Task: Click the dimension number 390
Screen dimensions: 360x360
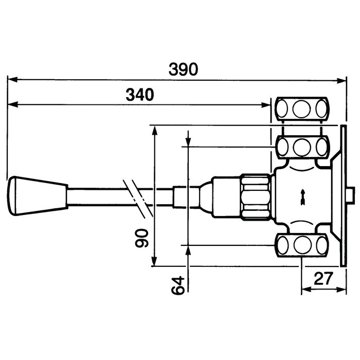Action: pyautogui.click(x=183, y=69)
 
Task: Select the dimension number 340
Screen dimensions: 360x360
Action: pyautogui.click(x=140, y=95)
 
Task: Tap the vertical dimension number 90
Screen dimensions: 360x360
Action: pyautogui.click(x=141, y=238)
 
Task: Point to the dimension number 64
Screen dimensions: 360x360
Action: pyautogui.click(x=178, y=285)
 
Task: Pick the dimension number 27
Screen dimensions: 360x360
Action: pyautogui.click(x=323, y=279)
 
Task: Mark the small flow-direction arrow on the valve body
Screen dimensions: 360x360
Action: pyautogui.click(x=303, y=197)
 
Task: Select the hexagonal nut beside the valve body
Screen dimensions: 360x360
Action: pyautogui.click(x=256, y=197)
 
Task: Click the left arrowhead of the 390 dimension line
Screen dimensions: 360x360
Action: pyautogui.click(x=12, y=80)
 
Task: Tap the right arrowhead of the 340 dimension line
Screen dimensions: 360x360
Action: pyautogui.click(x=266, y=105)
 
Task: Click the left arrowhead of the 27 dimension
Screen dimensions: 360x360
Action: pyautogui.click(x=307, y=290)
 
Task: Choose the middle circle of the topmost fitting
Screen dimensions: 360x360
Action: pyautogui.click(x=302, y=109)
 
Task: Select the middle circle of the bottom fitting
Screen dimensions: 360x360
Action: pyautogui.click(x=302, y=245)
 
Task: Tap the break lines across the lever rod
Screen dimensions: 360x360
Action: pyautogui.click(x=138, y=199)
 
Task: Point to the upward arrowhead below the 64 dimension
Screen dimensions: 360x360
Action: pyautogui.click(x=188, y=251)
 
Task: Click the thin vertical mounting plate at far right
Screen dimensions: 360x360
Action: pyautogui.click(x=344, y=196)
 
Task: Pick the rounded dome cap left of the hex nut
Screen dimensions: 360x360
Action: pyautogui.click(x=206, y=197)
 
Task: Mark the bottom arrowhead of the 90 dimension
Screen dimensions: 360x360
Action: pyautogui.click(x=155, y=261)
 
